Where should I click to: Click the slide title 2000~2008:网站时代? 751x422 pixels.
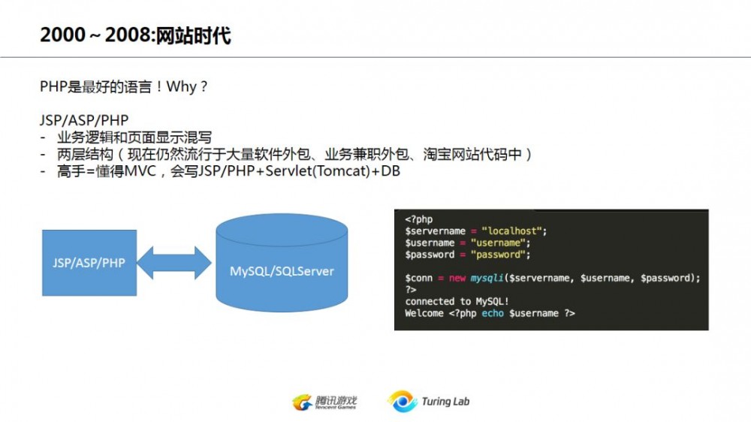(135, 35)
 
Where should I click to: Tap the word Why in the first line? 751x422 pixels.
(182, 87)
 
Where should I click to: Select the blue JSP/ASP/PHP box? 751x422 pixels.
(89, 263)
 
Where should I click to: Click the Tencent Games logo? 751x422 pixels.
(324, 402)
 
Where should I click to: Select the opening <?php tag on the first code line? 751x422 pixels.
(419, 219)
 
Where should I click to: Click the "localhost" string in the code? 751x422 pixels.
(514, 231)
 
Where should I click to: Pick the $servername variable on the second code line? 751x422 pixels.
(436, 231)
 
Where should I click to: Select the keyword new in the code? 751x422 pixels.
(457, 278)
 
